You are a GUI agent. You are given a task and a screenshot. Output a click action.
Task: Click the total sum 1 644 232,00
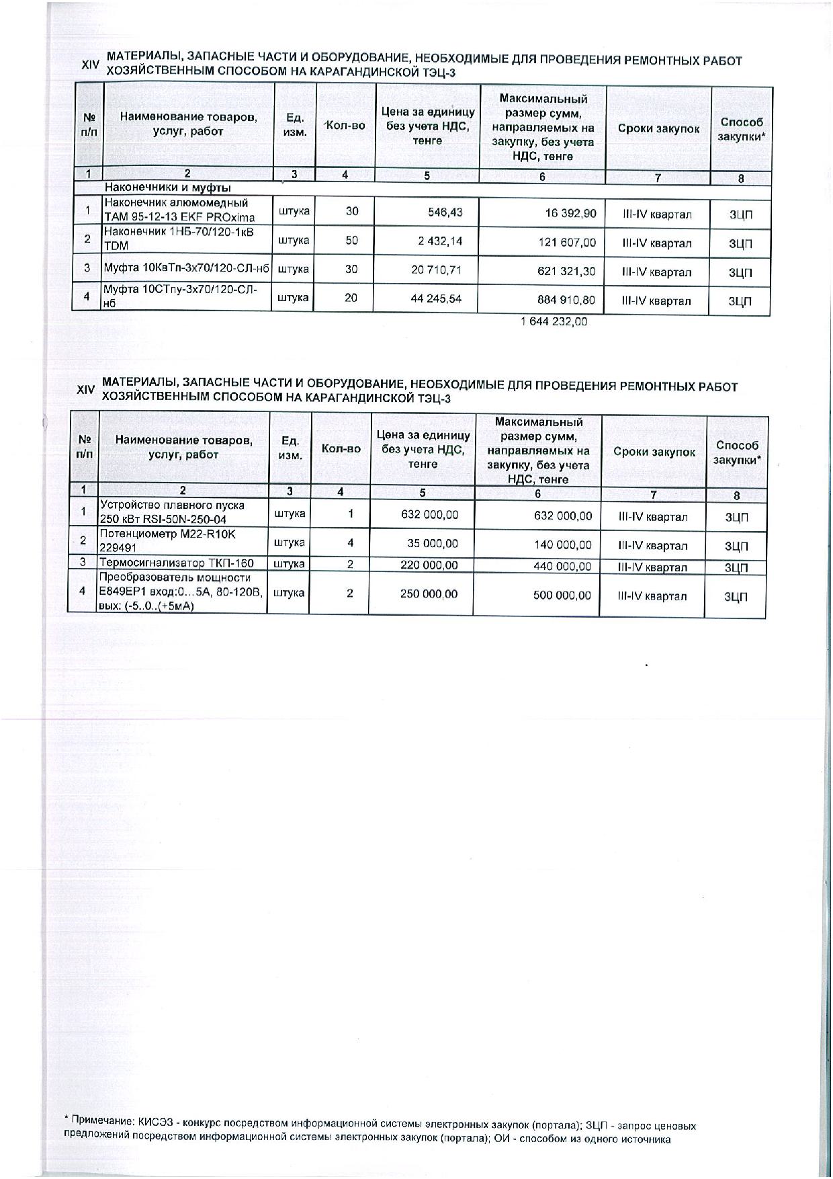click(554, 322)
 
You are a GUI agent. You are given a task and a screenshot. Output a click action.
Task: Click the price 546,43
click(445, 212)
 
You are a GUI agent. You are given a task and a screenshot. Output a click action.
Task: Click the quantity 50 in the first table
click(351, 241)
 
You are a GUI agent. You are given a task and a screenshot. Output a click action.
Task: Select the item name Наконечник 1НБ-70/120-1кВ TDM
click(178, 239)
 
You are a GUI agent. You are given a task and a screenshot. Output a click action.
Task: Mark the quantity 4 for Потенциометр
click(350, 542)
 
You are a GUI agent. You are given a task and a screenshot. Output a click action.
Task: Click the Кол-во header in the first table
click(345, 126)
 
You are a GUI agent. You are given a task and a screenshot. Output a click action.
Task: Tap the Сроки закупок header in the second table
click(654, 452)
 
